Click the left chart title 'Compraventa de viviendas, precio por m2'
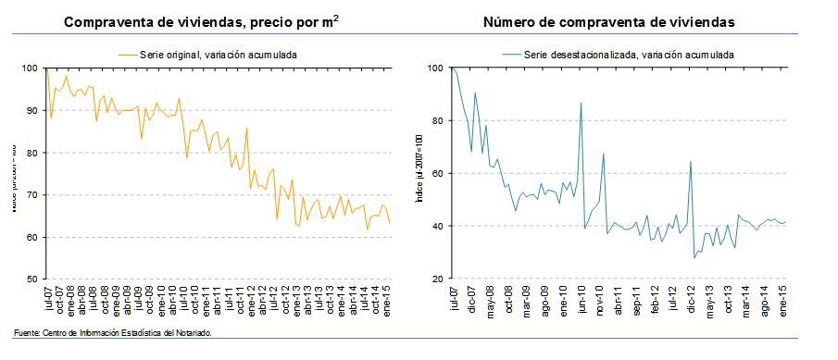click(x=199, y=21)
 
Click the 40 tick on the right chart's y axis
click(x=433, y=226)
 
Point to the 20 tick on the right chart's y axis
click(x=433, y=279)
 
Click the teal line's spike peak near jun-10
click(x=581, y=103)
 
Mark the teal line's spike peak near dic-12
click(x=691, y=162)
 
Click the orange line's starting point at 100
click(x=46, y=68)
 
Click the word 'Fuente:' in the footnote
click(x=28, y=332)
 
